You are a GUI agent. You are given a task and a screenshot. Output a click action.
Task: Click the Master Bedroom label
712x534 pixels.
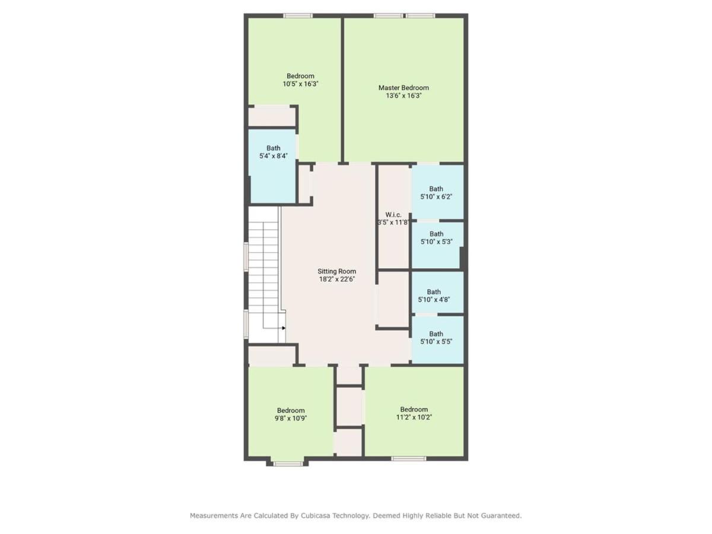pos(403,88)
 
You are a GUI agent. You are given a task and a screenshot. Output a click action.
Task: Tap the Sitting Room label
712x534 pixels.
pos(336,271)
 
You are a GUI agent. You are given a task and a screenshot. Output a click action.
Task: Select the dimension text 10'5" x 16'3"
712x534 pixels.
pos(300,84)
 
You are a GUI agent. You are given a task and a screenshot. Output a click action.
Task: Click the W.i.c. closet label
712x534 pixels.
pos(393,215)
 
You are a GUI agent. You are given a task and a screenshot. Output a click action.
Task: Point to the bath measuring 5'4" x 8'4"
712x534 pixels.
pos(273,156)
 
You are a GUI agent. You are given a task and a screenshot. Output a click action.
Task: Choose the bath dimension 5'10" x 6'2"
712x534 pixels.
pos(436,196)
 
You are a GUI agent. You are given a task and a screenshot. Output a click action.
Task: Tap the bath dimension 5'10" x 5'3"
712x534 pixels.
pos(436,241)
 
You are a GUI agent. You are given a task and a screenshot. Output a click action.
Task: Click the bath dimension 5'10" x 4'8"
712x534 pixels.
pos(434,300)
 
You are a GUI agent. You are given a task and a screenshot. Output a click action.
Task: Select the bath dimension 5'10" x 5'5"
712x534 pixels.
pos(436,341)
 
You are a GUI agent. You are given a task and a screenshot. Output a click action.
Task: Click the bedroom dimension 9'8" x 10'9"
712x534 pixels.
pos(291,418)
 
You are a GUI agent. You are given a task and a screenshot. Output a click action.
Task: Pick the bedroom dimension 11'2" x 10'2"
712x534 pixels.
pos(414,417)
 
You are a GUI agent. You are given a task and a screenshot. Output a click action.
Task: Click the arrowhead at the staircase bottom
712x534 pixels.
pos(284,328)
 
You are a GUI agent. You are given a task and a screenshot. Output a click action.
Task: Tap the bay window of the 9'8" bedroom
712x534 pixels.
pos(288,464)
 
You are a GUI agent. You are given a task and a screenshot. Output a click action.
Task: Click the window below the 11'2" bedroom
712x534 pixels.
pos(408,459)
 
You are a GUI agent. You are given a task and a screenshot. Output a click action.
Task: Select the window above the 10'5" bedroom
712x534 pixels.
pos(298,15)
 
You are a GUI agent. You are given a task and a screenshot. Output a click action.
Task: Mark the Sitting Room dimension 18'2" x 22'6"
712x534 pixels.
pos(337,279)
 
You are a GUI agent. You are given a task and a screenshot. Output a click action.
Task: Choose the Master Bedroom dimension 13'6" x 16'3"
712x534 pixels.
pos(403,96)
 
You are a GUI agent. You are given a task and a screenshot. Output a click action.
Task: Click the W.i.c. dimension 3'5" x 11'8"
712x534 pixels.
pos(393,223)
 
